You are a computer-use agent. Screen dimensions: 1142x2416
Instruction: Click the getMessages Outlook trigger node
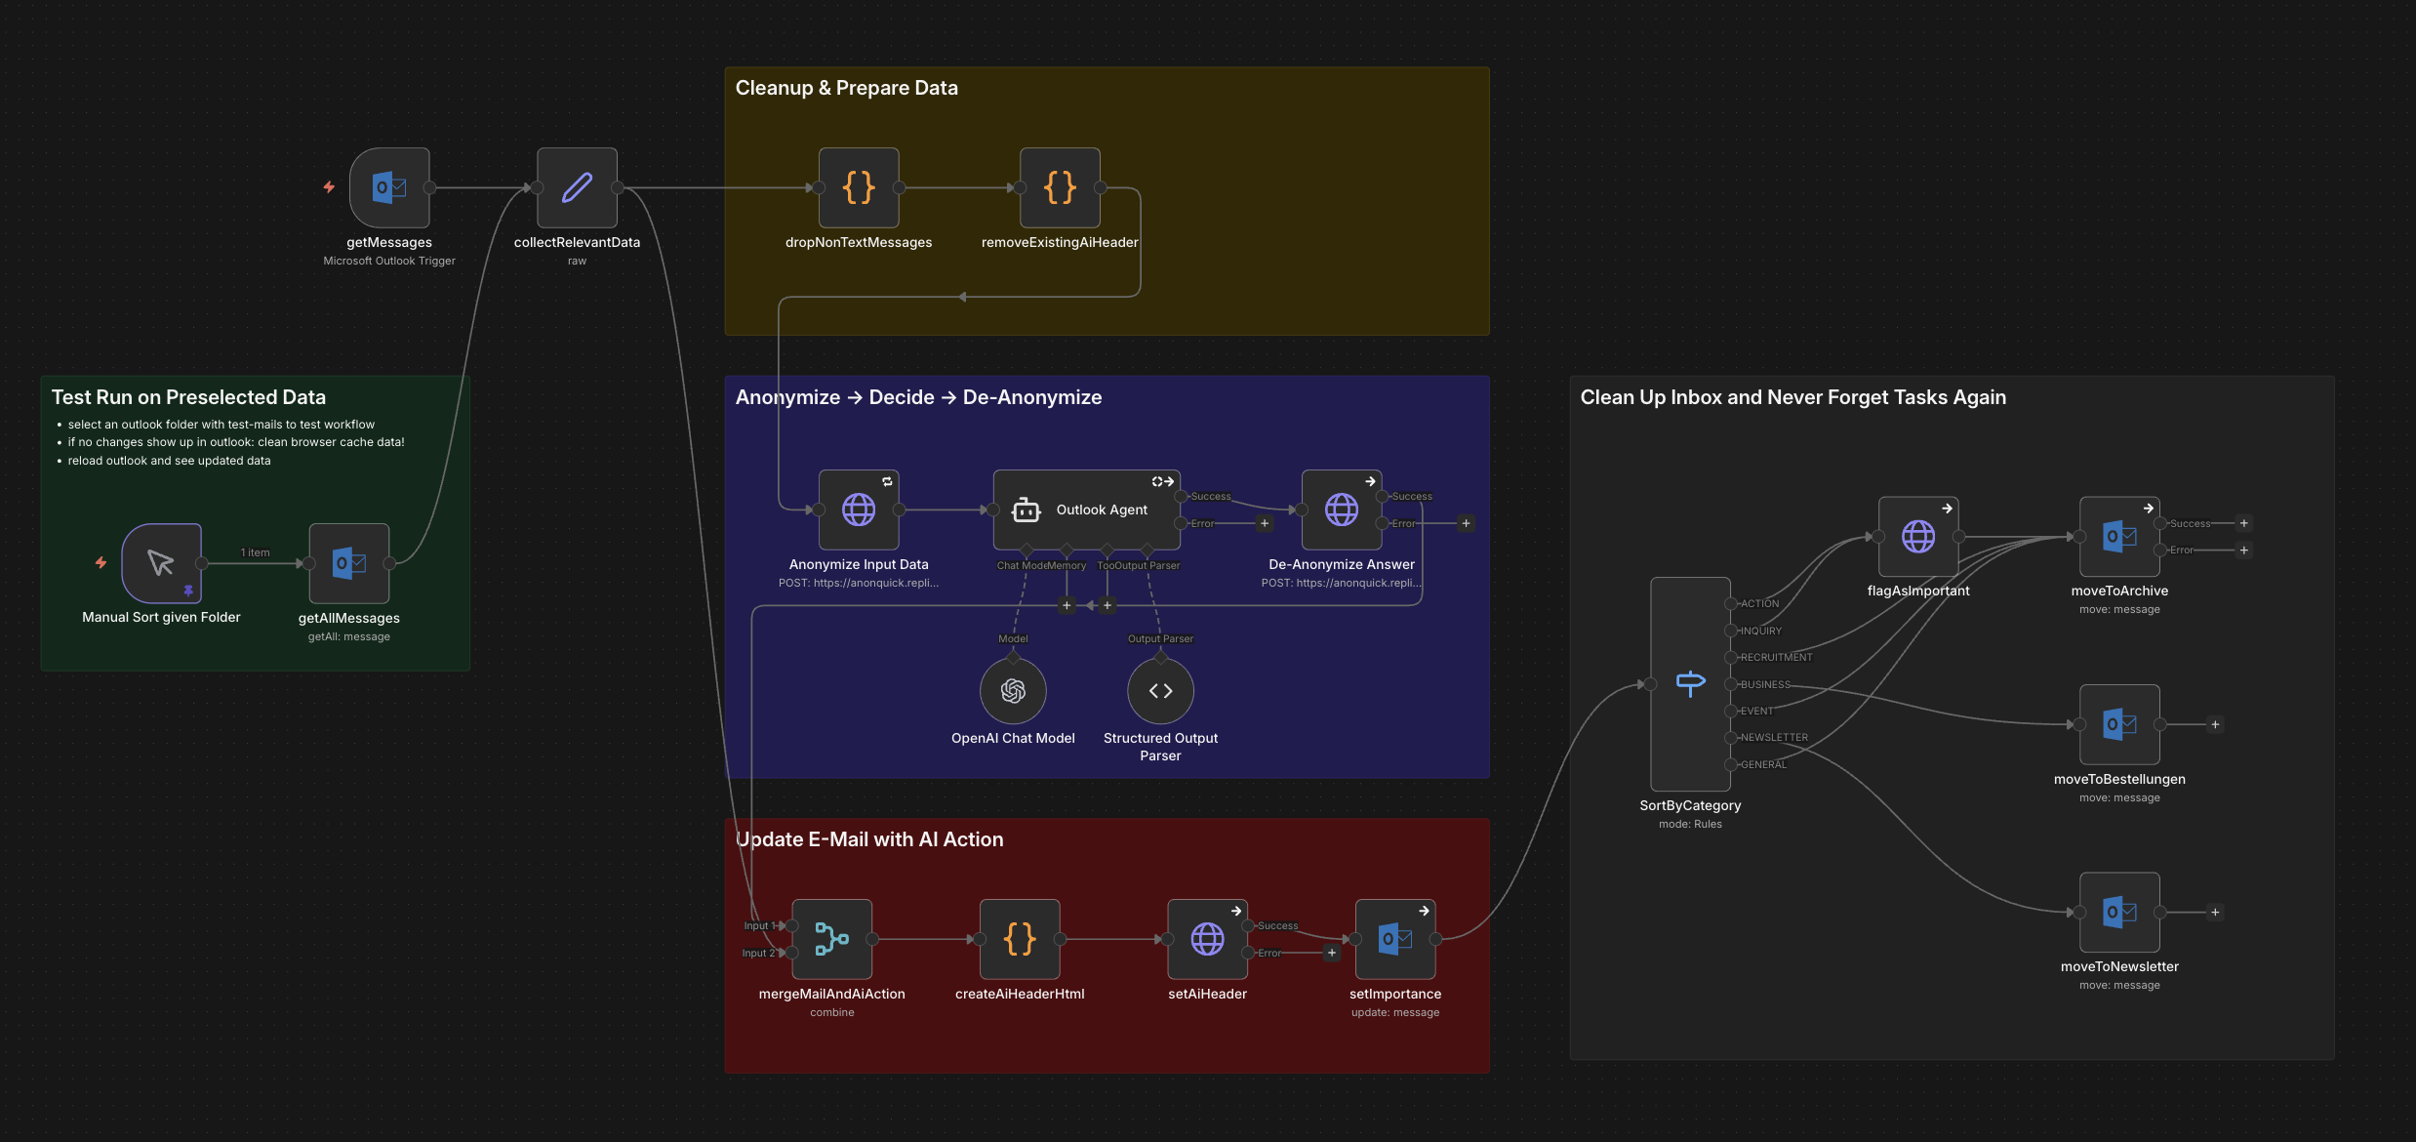pos(389,187)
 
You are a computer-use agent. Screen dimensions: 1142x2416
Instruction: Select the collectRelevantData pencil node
pos(577,187)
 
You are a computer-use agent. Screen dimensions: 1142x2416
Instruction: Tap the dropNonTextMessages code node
pos(859,187)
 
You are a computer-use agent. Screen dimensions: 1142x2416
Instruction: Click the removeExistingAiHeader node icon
pos(1060,187)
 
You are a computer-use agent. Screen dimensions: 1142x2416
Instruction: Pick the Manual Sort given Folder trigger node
pos(161,563)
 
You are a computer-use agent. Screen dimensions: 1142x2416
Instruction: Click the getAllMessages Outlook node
pos(349,563)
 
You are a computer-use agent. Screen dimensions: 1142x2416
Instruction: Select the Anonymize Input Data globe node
pos(859,510)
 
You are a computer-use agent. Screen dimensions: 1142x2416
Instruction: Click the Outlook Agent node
pos(1086,510)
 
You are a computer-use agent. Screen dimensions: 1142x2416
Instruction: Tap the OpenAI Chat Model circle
pos(1013,691)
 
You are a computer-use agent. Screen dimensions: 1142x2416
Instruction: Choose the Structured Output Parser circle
pos(1160,691)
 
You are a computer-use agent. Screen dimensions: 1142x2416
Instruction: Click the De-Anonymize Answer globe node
pos(1342,510)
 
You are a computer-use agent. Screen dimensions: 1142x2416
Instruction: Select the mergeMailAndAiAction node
pos(831,939)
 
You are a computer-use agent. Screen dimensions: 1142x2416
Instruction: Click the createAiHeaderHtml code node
pos(1020,939)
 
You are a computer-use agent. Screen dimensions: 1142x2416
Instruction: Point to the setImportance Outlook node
pos(1395,939)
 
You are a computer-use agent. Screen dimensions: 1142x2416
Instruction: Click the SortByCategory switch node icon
pos(1690,683)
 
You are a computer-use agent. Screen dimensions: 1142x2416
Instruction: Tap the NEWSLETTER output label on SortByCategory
pos(1774,738)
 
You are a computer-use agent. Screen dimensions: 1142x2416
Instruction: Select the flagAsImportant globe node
pos(1918,536)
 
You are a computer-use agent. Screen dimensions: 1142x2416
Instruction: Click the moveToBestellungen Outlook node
pos(2119,724)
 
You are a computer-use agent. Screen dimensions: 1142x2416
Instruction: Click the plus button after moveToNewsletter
pos(2215,913)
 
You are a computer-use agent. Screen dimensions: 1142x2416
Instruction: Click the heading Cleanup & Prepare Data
pos(846,88)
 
